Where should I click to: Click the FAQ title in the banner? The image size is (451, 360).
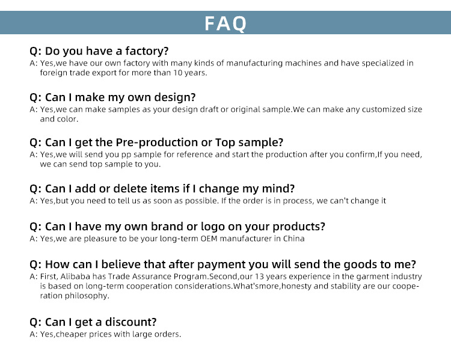point(226,23)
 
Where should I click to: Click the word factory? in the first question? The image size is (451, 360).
point(147,51)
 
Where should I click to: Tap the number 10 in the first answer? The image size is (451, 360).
point(177,73)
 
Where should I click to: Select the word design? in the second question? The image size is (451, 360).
point(175,97)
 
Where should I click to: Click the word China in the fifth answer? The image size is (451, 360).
point(293,239)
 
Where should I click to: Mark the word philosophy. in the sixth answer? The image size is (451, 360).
point(87,296)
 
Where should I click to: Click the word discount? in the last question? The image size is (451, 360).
point(130,322)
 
